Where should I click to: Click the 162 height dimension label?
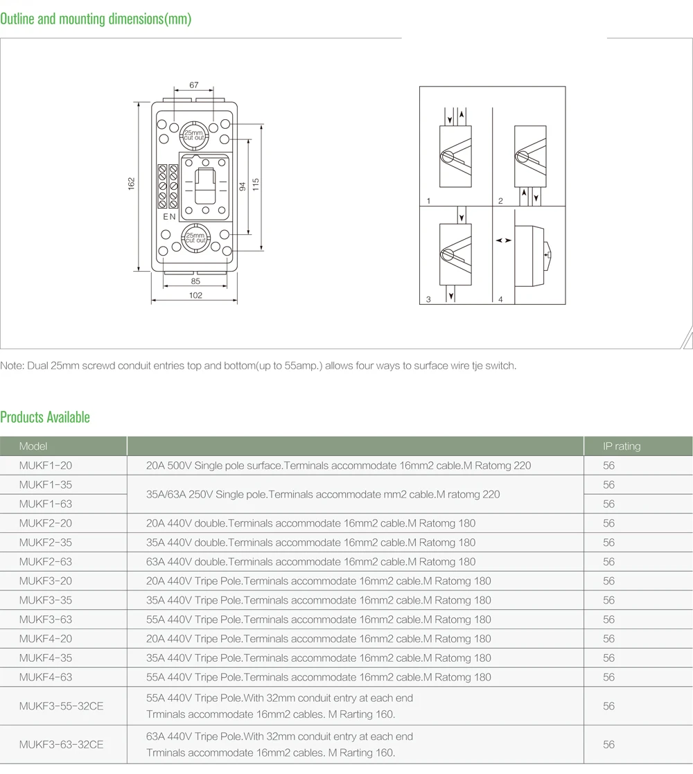coord(131,183)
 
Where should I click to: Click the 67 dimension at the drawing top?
coord(194,85)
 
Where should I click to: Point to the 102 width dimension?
coord(195,295)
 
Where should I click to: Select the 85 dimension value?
coord(195,281)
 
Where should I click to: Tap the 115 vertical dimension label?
coord(255,184)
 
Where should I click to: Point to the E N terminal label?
coord(169,217)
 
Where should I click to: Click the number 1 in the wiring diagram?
coord(429,201)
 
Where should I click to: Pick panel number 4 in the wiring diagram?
coord(500,299)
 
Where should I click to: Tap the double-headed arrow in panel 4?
coord(505,240)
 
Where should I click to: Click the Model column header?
coord(33,446)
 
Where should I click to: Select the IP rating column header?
coord(622,446)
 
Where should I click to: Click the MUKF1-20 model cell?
coord(46,466)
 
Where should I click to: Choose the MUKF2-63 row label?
coord(46,561)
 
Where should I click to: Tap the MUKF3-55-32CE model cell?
coord(61,706)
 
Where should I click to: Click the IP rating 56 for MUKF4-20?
coord(608,638)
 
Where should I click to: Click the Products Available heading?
coord(45,417)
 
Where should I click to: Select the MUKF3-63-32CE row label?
coord(61,745)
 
